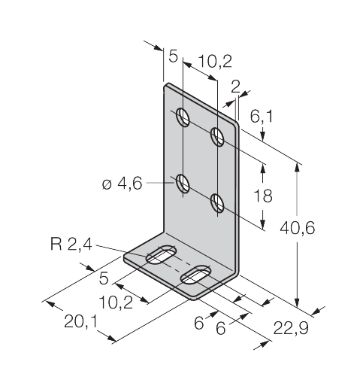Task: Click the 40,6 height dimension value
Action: [x=297, y=228]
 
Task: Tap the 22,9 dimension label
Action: [x=291, y=328]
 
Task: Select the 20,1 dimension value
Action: [x=80, y=321]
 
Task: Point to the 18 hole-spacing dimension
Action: [x=263, y=196]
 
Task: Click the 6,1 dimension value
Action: [x=262, y=117]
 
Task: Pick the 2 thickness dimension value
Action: [x=235, y=87]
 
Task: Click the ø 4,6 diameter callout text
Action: [x=123, y=184]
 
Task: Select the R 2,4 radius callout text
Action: [x=71, y=244]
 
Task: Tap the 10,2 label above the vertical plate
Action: [x=215, y=61]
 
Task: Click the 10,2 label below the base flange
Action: [x=116, y=302]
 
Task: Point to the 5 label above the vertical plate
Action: [x=173, y=56]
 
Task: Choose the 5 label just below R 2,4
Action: [x=104, y=278]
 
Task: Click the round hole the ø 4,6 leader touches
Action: [x=183, y=184]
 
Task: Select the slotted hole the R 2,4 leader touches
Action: [x=162, y=254]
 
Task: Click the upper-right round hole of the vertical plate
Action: [x=217, y=136]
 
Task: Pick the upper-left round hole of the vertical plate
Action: [x=183, y=117]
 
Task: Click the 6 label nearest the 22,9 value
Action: [x=221, y=328]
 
